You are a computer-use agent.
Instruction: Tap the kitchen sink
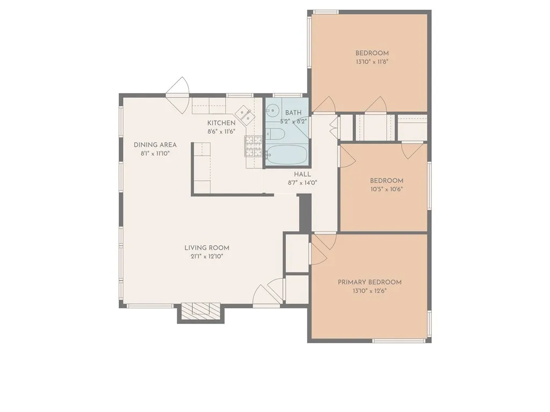244,115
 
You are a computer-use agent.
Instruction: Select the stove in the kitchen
254,146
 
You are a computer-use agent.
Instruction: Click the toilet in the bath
273,134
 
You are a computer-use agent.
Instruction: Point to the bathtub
287,156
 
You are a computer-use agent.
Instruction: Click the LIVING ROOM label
207,248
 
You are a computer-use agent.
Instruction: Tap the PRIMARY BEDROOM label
370,282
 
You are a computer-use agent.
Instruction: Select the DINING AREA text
155,145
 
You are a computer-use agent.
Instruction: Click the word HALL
302,174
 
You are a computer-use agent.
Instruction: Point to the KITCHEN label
221,123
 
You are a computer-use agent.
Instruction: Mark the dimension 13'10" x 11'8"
372,61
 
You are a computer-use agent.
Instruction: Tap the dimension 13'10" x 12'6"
370,291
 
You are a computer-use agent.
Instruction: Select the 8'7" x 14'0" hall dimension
302,182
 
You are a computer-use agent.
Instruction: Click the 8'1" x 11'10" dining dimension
155,153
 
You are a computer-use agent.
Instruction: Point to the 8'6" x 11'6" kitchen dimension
221,131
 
